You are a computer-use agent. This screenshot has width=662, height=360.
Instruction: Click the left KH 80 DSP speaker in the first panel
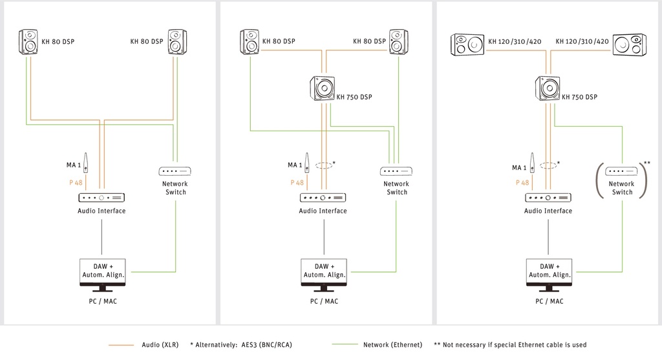(x=28, y=42)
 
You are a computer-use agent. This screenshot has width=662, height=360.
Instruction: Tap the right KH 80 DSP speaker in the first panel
(x=177, y=42)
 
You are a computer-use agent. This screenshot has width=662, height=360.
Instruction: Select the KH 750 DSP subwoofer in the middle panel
(x=323, y=88)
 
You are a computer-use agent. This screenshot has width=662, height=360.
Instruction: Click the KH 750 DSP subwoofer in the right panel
(x=548, y=88)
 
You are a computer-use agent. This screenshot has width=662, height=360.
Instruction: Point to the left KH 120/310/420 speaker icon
(x=467, y=45)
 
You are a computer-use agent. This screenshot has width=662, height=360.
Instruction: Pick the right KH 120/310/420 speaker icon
(x=630, y=45)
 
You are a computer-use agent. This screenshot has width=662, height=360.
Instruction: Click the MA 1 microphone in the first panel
(x=86, y=163)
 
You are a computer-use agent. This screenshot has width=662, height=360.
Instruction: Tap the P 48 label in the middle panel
(x=297, y=183)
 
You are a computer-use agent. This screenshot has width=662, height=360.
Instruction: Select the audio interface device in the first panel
(x=101, y=198)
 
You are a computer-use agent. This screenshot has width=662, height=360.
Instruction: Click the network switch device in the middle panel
(x=396, y=171)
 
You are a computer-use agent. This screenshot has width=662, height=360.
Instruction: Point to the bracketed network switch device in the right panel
(x=621, y=171)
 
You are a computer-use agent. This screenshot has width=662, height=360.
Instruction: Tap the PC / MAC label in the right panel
(x=550, y=301)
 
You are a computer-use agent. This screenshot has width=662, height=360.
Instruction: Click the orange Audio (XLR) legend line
(x=121, y=345)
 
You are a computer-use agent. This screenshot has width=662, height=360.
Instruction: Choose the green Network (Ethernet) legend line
(x=345, y=344)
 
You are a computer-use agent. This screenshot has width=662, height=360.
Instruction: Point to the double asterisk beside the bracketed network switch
(x=646, y=163)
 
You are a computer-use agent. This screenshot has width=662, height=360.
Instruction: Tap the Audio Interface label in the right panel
(x=548, y=211)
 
